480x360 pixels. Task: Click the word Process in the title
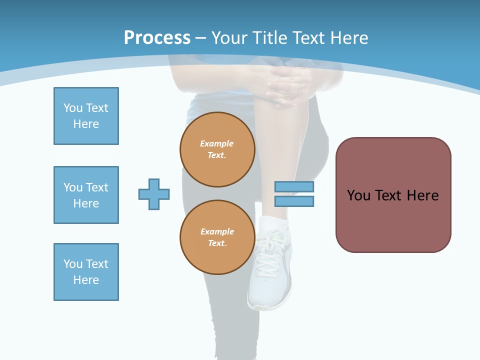tap(157, 37)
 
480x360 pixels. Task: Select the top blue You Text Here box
tap(86, 116)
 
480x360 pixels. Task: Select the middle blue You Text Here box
tap(86, 195)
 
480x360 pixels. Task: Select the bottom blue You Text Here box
tap(86, 272)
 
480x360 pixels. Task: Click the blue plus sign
tap(154, 194)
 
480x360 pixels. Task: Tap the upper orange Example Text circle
tap(217, 149)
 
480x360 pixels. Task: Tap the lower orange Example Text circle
tap(217, 237)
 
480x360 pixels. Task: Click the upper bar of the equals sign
tap(294, 187)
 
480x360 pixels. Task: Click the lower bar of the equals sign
tap(294, 201)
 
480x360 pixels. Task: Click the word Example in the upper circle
tap(216, 143)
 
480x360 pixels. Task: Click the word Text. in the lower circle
tap(217, 243)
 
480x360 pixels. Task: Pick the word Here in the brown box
tap(422, 195)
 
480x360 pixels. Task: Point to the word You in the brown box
tap(358, 195)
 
